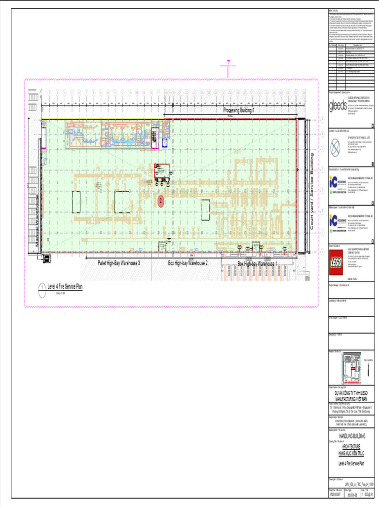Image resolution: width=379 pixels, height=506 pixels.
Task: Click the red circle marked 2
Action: click(x=160, y=201)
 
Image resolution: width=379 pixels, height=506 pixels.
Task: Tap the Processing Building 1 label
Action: click(x=239, y=111)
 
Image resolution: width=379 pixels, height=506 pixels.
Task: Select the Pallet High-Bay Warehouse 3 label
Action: click(x=118, y=263)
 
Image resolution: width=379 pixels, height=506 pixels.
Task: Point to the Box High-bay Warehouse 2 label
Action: click(x=188, y=263)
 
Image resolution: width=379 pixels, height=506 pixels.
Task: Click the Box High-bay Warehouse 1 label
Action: click(x=257, y=264)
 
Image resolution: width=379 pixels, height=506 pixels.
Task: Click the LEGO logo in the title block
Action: click(x=338, y=260)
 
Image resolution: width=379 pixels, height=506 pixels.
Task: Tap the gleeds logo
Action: click(x=338, y=106)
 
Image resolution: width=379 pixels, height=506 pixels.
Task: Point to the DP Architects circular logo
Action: click(x=336, y=146)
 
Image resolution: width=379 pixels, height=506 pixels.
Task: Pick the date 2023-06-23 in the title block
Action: click(x=354, y=494)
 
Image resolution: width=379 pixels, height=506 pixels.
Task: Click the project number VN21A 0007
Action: click(x=336, y=494)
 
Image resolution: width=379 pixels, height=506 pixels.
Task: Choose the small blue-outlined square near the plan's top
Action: click(x=165, y=142)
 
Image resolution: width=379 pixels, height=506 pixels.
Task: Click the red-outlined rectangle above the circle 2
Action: click(x=161, y=171)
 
